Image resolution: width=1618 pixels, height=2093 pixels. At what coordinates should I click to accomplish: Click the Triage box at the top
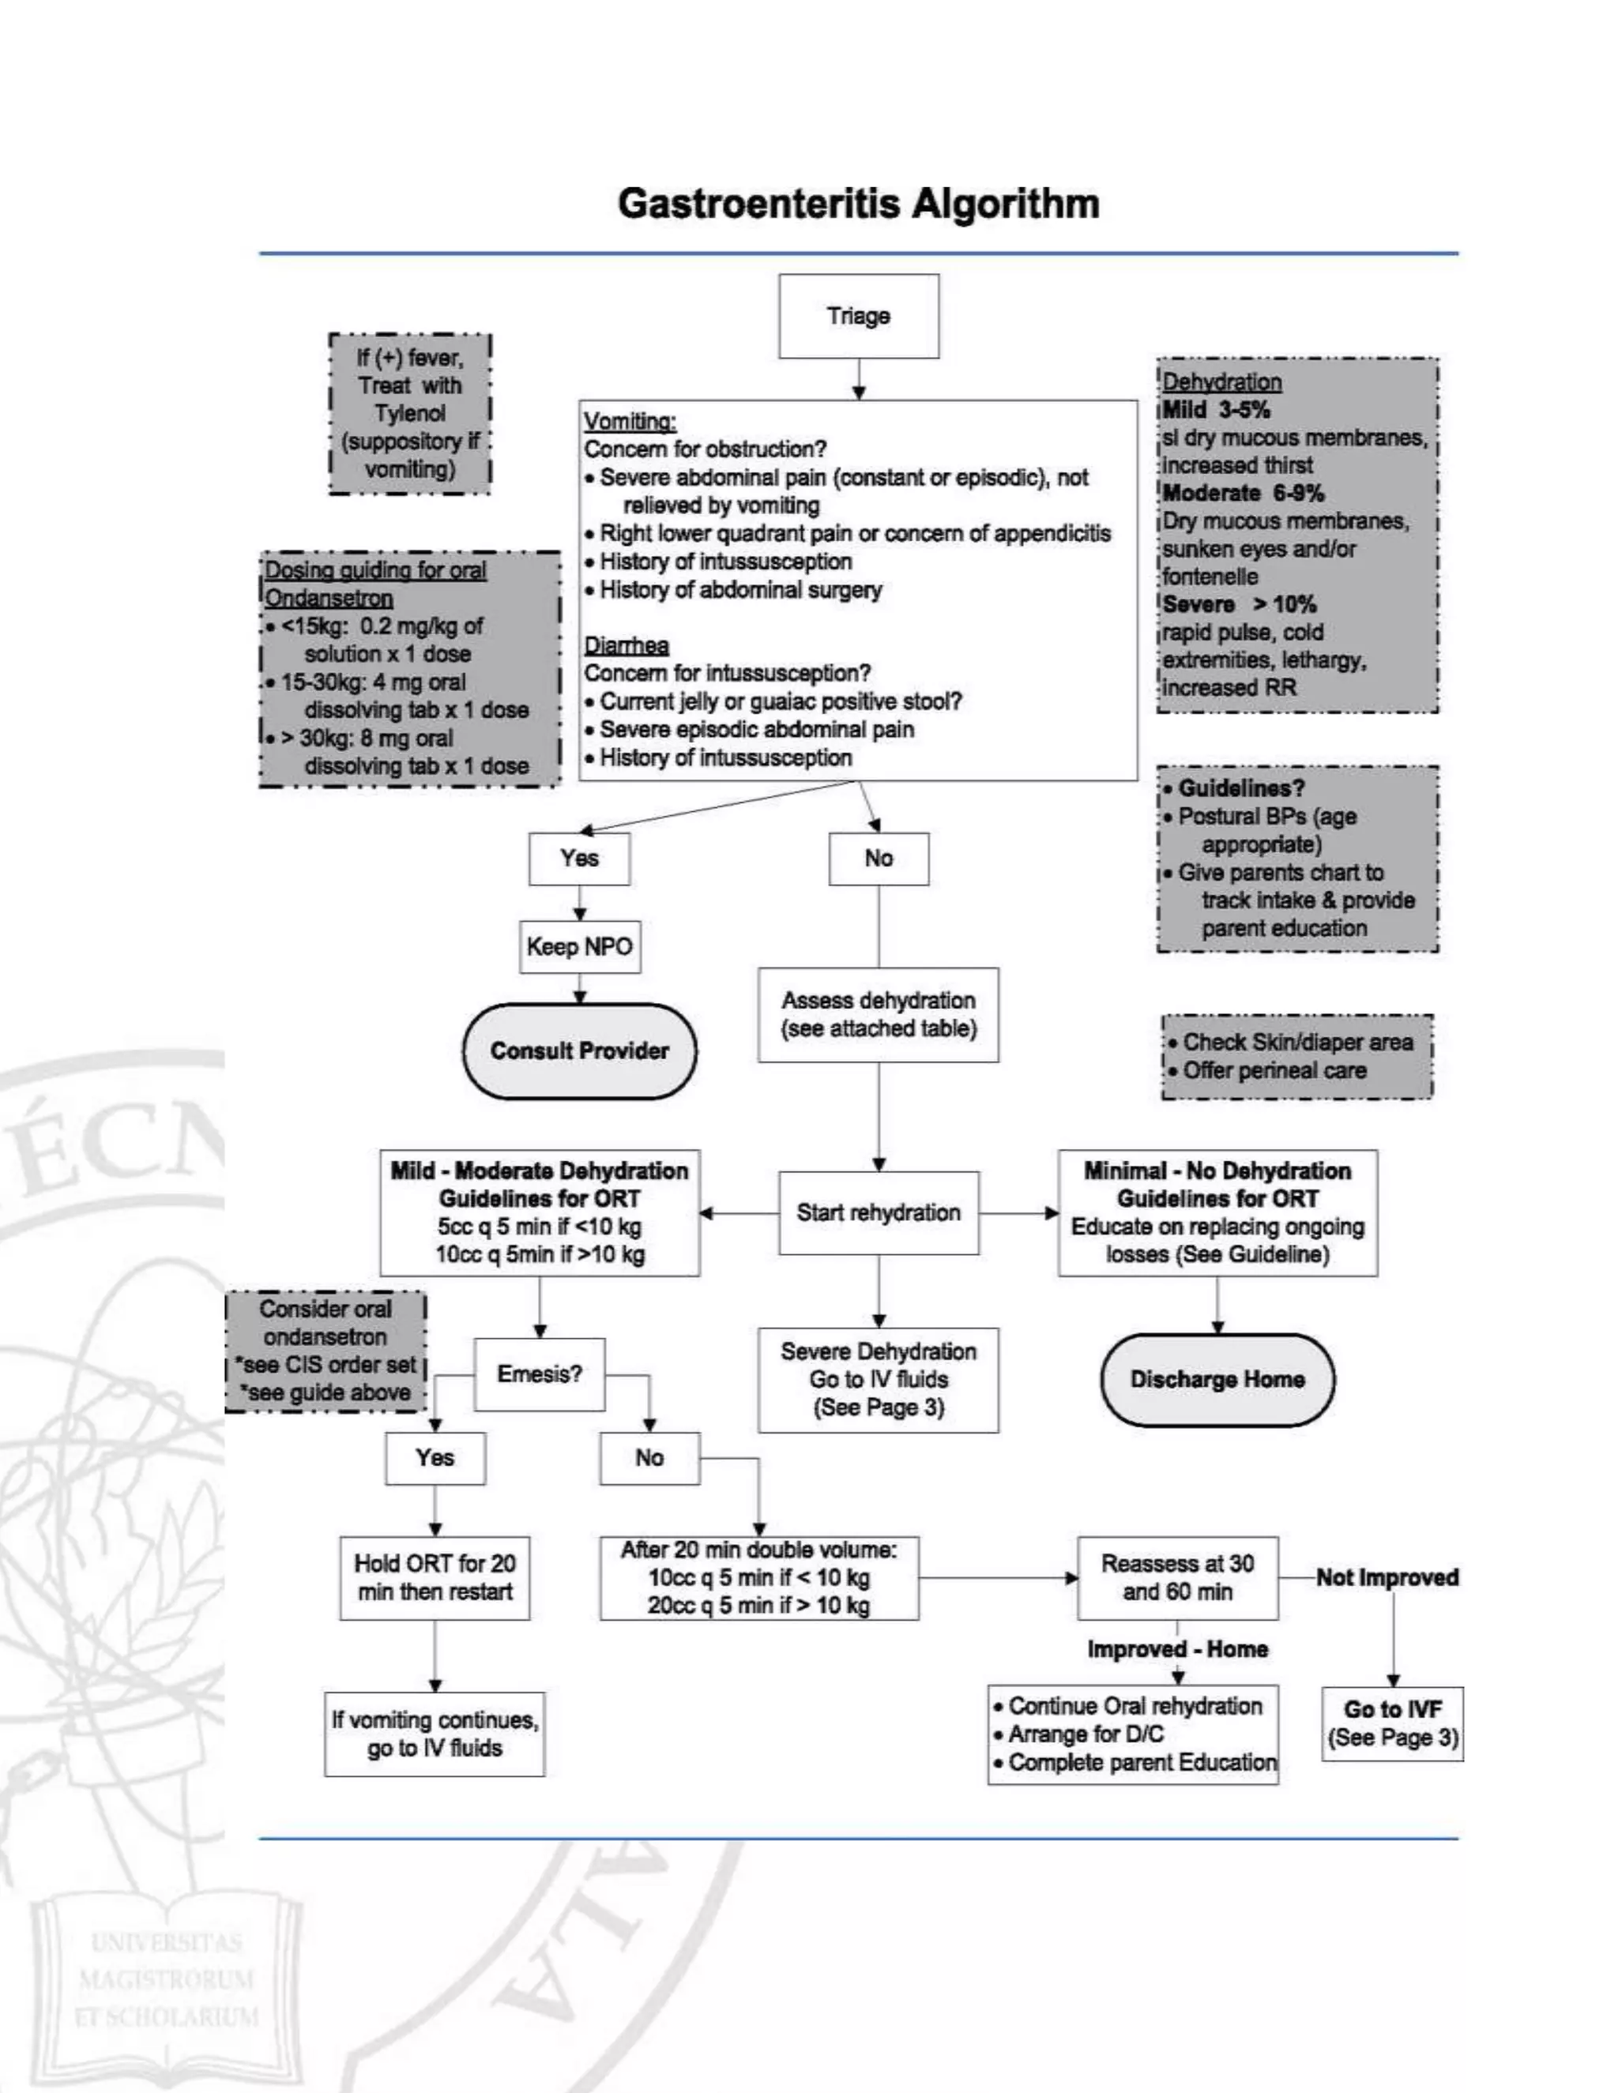click(x=858, y=316)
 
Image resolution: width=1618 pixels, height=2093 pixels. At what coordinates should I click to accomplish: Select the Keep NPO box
click(x=579, y=947)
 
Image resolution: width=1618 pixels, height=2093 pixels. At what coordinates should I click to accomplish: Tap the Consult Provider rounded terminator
click(x=579, y=1050)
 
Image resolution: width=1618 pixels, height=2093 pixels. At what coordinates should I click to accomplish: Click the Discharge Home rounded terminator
click(x=1217, y=1379)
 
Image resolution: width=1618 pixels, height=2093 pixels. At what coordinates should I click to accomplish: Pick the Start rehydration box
click(x=878, y=1212)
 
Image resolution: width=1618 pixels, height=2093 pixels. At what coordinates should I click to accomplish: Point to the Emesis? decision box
click(x=539, y=1374)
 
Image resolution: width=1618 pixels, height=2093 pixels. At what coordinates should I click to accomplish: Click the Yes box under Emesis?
click(x=435, y=1458)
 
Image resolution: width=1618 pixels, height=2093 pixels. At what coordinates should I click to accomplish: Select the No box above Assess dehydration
click(x=878, y=858)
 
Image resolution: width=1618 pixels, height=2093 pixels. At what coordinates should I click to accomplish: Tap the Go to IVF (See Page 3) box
click(x=1392, y=1723)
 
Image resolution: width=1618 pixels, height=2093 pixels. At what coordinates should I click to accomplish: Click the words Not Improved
click(x=1386, y=1577)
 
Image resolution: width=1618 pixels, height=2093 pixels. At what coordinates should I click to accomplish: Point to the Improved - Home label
click(x=1177, y=1649)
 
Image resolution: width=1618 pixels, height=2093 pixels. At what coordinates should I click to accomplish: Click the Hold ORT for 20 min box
click(x=435, y=1577)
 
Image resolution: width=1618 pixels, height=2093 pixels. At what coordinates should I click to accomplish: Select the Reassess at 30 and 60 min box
click(x=1177, y=1577)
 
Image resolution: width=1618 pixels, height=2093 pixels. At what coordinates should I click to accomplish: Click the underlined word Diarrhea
click(x=626, y=645)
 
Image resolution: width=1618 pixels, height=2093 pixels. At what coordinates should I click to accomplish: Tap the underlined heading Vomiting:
click(x=630, y=421)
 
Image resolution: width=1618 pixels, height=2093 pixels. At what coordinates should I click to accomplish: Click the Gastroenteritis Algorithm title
click(x=858, y=203)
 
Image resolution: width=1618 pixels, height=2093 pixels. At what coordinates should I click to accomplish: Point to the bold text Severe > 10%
click(x=1239, y=603)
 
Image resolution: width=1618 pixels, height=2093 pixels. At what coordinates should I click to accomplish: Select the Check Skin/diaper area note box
click(x=1296, y=1056)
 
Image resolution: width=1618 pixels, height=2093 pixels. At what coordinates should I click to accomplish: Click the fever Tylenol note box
click(x=409, y=413)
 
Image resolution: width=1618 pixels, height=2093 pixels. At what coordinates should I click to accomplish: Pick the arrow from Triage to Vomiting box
click(x=859, y=379)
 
